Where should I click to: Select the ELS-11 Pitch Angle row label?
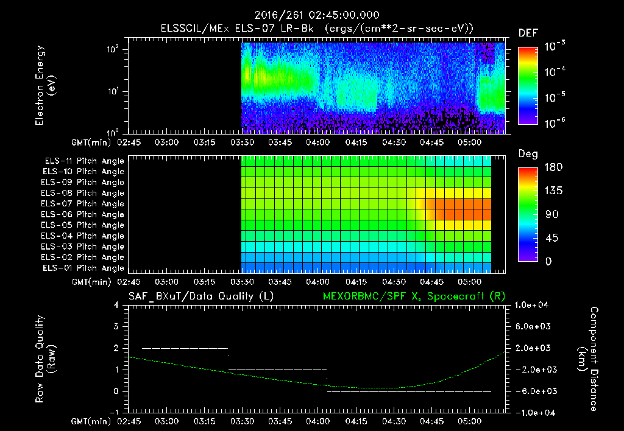(84, 161)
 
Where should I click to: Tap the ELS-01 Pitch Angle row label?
(84, 268)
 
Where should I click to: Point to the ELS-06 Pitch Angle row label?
(84, 214)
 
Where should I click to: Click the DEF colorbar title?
(528, 33)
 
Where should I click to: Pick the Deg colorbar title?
(528, 154)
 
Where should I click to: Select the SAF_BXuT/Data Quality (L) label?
(200, 296)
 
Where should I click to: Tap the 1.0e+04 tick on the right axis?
(534, 304)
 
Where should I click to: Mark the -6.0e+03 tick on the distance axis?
(534, 391)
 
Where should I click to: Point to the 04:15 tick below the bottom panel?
(356, 420)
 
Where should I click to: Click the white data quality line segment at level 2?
(184, 348)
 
